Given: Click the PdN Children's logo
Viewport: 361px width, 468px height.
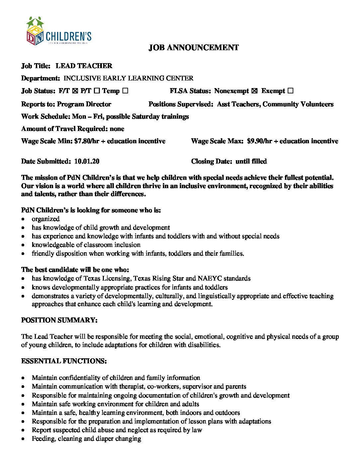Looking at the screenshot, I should click(59, 32).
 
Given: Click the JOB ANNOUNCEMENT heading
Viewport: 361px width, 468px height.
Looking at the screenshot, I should click(193, 48).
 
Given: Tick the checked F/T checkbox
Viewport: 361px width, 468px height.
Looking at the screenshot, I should click(75, 91).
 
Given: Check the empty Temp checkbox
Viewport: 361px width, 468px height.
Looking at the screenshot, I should click(125, 91).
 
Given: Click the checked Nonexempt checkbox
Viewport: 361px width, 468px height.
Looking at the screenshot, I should click(254, 91).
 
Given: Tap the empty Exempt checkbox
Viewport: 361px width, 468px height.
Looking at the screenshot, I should click(290, 91).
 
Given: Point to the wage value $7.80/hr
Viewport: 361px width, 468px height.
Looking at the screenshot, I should click(86, 141).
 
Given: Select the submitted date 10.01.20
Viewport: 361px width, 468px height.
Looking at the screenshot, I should click(87, 161).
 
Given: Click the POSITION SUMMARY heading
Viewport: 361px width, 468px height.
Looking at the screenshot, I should click(59, 320).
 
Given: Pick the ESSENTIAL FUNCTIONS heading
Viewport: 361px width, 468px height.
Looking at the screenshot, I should click(64, 361).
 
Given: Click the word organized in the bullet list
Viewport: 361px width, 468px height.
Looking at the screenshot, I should click(46, 219).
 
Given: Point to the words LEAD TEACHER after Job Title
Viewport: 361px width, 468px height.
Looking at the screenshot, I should click(84, 66).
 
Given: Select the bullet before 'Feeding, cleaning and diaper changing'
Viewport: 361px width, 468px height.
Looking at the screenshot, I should click(23, 439).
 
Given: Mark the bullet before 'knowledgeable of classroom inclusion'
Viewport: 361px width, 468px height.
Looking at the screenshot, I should click(23, 245).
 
